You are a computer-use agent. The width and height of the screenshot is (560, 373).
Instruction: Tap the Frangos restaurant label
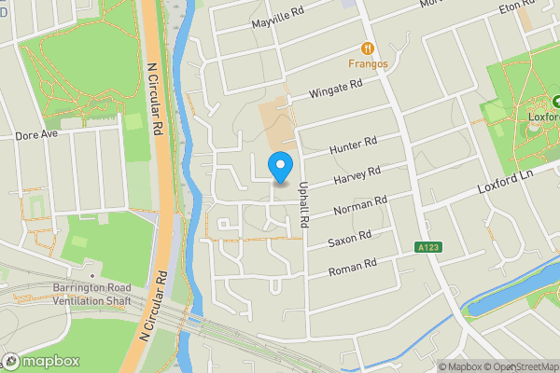point(368,64)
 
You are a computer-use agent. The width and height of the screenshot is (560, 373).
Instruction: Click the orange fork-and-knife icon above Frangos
point(368,48)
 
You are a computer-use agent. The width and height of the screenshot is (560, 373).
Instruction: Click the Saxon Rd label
point(350,238)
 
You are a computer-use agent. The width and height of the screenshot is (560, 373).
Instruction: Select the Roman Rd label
point(351,268)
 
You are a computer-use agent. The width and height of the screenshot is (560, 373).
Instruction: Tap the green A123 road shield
point(427,248)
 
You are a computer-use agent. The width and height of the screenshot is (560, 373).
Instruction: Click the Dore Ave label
point(37,134)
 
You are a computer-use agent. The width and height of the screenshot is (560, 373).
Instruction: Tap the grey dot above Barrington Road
point(91,276)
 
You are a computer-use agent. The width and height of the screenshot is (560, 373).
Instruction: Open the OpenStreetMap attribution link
point(521,366)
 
